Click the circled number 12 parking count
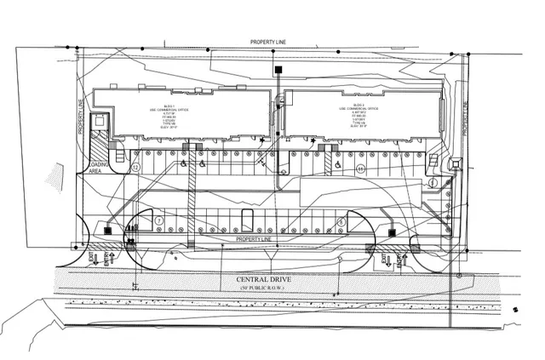pyautogui.click(x=135, y=168)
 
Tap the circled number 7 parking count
pyautogui.click(x=159, y=220)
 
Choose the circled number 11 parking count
pyautogui.click(x=361, y=169)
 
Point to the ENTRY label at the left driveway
pyautogui.click(x=107, y=257)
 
